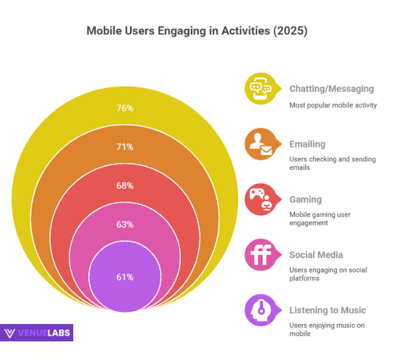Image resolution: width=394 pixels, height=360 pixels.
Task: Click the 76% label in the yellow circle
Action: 125,109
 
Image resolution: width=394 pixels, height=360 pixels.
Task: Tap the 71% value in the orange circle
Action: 125,147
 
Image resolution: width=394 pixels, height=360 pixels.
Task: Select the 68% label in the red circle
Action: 125,185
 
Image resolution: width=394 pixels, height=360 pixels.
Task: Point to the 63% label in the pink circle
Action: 125,224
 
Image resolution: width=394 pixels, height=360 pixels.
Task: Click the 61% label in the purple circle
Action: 125,277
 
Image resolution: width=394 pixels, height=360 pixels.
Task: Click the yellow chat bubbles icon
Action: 260,89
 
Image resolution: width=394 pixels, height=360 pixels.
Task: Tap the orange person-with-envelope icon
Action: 260,144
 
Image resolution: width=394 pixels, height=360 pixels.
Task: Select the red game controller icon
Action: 260,200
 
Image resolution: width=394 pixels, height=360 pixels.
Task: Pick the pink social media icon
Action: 260,255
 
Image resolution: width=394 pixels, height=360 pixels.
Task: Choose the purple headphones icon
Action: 260,310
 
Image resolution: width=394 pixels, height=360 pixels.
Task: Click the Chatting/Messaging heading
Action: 332,89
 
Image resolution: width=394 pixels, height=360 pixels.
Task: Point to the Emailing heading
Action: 308,144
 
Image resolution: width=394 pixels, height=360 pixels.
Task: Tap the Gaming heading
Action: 306,199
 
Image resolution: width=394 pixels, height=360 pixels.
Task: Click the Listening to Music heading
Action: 327,310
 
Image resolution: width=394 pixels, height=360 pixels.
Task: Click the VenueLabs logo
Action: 37,333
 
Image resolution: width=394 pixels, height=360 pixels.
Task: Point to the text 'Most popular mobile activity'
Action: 333,105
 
